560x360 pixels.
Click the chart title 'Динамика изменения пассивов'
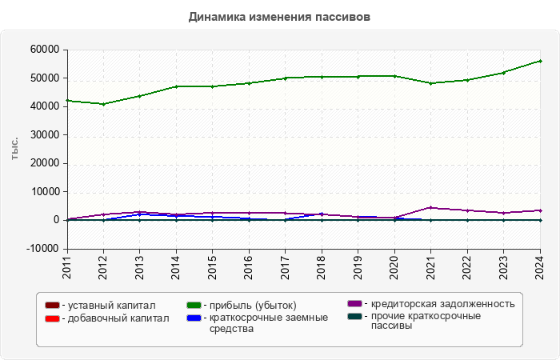279,16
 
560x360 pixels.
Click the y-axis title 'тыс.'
15,149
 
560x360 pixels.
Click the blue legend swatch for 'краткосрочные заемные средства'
193,318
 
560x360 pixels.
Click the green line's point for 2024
540,61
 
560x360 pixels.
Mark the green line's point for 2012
103,104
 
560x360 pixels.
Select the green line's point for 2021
430,83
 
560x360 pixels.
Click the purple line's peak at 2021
430,207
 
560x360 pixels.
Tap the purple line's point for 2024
540,210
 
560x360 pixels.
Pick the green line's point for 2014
176,86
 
